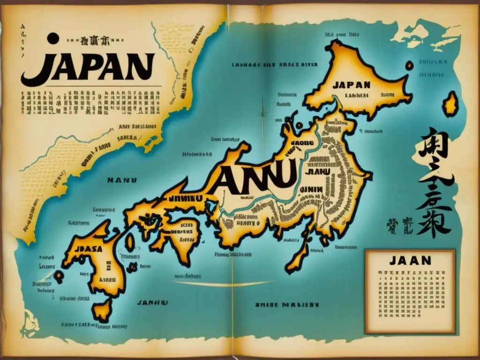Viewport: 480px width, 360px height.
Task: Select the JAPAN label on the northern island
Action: coord(352,85)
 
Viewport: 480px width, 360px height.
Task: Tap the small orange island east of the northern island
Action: coord(451,104)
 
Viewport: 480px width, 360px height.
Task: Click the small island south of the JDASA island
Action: coord(102,310)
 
